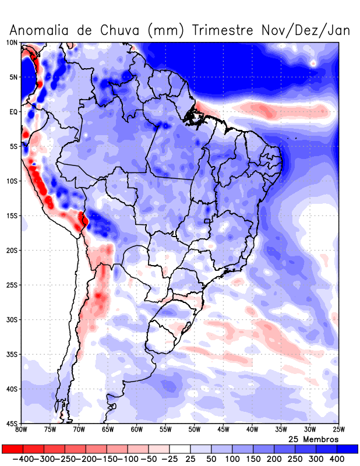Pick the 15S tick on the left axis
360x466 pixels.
12,216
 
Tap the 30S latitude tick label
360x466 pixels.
12,320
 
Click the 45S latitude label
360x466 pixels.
12,423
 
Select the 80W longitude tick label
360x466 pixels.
22,430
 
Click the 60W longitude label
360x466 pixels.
136,430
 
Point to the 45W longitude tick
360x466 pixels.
223,430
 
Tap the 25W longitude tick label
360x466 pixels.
337,430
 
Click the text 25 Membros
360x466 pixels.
313,439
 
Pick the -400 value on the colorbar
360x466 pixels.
23,459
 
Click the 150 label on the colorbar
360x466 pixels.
253,459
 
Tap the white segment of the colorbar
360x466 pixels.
180,449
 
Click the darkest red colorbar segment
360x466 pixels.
12,449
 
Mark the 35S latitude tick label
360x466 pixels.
12,354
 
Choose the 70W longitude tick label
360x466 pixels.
79,430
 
